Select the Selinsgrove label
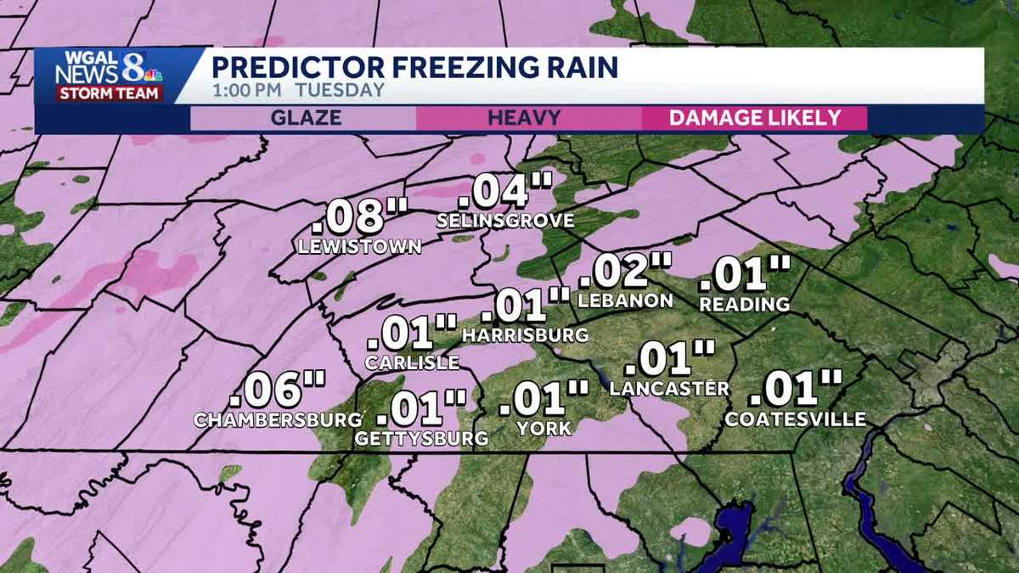(x=505, y=221)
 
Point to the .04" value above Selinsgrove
(x=506, y=191)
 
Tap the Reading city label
(x=746, y=304)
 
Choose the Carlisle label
(x=412, y=362)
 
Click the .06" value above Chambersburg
(x=278, y=390)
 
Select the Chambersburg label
(x=278, y=419)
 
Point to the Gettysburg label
(x=422, y=438)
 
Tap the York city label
(x=544, y=429)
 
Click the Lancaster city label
(x=669, y=389)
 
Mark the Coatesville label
(x=796, y=419)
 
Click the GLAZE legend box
(x=305, y=118)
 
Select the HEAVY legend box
(x=524, y=118)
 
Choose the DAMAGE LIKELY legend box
(x=754, y=118)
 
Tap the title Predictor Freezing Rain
(x=414, y=67)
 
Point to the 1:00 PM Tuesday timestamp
(x=297, y=90)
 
